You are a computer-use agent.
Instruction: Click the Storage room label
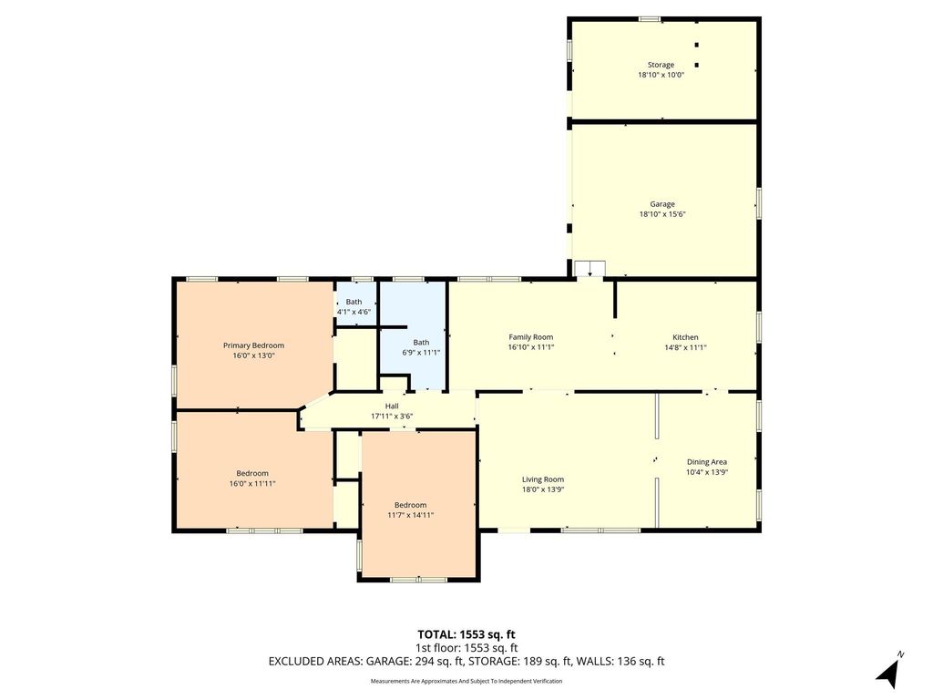pyautogui.click(x=661, y=65)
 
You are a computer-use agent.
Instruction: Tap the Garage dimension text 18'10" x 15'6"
pyautogui.click(x=662, y=214)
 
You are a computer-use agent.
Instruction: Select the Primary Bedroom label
pyautogui.click(x=253, y=345)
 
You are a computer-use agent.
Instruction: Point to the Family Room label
pyautogui.click(x=531, y=337)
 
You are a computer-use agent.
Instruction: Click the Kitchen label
pyautogui.click(x=685, y=337)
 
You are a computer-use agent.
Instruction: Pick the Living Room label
pyautogui.click(x=543, y=479)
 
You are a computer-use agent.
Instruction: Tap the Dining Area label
pyautogui.click(x=707, y=462)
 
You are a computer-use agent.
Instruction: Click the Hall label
pyautogui.click(x=392, y=406)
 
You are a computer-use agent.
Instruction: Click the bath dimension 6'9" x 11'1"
pyautogui.click(x=421, y=353)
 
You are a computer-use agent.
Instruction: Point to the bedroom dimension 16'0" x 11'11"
pyautogui.click(x=252, y=484)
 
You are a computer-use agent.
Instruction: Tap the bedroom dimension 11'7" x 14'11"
pyautogui.click(x=411, y=516)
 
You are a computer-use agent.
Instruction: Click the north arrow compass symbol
pyautogui.click(x=888, y=672)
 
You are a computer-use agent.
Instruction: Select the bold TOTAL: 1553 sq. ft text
pyautogui.click(x=466, y=634)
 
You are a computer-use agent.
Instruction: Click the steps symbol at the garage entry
pyautogui.click(x=590, y=269)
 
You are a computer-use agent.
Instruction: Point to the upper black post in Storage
pyautogui.click(x=697, y=45)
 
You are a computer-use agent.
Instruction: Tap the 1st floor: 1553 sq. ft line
pyautogui.click(x=466, y=648)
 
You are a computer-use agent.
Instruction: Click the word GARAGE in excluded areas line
pyautogui.click(x=385, y=662)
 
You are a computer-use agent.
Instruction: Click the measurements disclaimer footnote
pyautogui.click(x=466, y=681)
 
